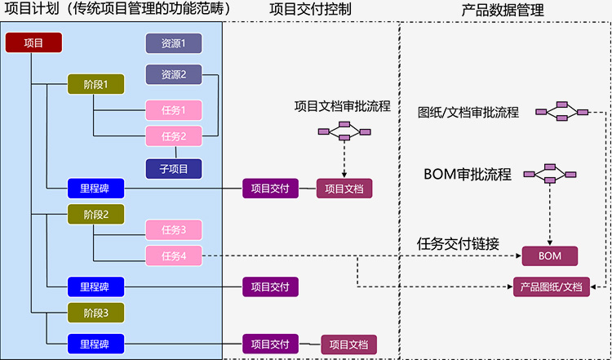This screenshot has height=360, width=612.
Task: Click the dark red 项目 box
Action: [34, 42]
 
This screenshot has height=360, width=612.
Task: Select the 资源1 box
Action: [174, 42]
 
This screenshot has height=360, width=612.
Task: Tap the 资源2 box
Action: [174, 74]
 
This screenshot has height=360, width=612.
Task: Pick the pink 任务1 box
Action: [174, 109]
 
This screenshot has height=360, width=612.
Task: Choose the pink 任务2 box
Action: [174, 136]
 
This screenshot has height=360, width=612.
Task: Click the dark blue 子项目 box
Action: [174, 169]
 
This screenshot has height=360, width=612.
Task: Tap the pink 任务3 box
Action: [174, 229]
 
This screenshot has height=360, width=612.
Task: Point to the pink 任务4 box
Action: [174, 256]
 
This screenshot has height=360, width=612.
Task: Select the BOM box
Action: [551, 256]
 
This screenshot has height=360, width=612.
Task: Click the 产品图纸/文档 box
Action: [551, 287]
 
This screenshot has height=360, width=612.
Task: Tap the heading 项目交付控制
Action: [311, 10]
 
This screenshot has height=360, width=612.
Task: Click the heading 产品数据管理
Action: [503, 10]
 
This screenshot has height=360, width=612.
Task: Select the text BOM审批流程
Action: [468, 174]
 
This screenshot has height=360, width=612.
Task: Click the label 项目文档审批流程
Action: [343, 106]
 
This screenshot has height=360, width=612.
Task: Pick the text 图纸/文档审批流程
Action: [468, 113]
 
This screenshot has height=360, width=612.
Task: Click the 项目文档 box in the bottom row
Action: [348, 344]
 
